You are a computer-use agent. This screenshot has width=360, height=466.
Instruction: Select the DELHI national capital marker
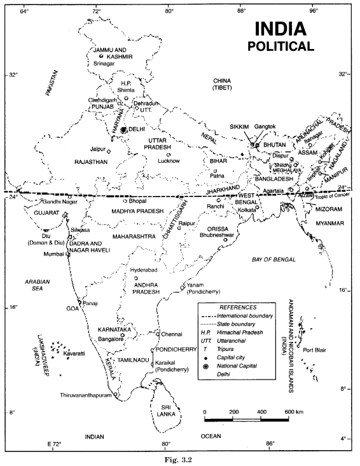coord(124,129)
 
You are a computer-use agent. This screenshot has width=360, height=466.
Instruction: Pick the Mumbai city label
coord(53,254)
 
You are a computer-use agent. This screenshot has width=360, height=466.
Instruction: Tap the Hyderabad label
coord(143,270)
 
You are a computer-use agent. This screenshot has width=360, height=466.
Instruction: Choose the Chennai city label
coord(172,333)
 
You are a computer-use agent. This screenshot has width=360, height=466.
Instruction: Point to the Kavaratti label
coord(74,352)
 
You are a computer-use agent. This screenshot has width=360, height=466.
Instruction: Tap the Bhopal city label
coord(137,201)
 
